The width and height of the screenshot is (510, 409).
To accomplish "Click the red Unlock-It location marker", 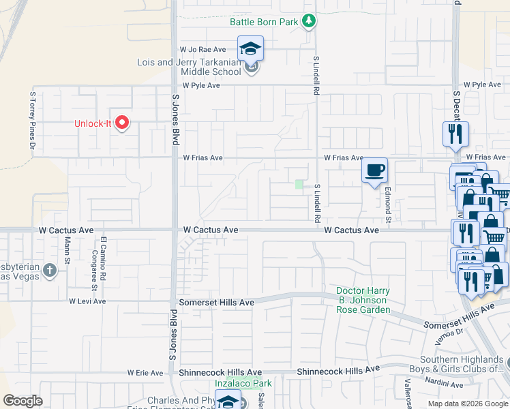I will [x=122, y=122].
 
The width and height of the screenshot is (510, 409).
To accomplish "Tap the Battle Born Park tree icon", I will [x=310, y=22].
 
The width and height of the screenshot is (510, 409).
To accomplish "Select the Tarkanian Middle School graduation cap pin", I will [x=250, y=49].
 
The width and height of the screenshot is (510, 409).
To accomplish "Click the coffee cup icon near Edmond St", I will [x=374, y=170].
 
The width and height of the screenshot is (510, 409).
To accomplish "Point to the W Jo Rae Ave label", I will [x=202, y=50].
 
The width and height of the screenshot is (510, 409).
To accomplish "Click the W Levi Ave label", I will [x=87, y=301].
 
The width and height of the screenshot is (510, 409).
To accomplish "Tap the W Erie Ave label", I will [x=146, y=373].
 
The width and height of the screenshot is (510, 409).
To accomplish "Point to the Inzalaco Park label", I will [x=243, y=384].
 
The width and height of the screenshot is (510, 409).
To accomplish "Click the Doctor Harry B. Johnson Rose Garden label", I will [x=363, y=301].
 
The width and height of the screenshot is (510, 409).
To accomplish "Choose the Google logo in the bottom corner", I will [x=23, y=401].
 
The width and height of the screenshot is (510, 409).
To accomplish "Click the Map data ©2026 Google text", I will [x=467, y=404].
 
